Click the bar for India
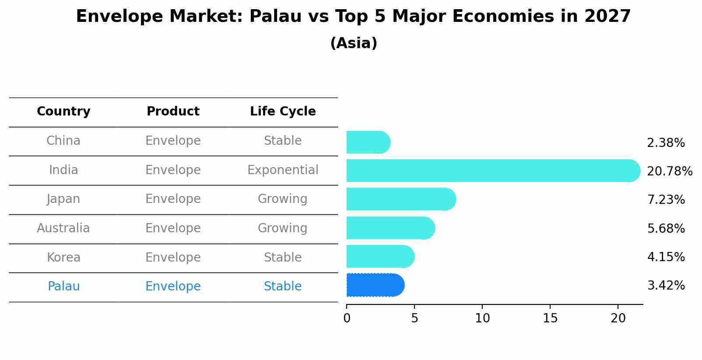tap(493, 171)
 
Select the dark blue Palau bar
tap(375, 285)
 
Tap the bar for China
tap(368, 142)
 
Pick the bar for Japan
tap(401, 199)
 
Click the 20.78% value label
tap(669, 171)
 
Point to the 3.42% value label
tap(666, 286)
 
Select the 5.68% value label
tap(666, 228)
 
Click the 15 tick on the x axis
tap(550, 318)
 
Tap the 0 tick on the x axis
tap(347, 318)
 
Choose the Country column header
tap(63, 112)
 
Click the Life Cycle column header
tap(283, 112)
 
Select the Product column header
tap(173, 112)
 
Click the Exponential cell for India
tap(283, 170)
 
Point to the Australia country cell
tap(63, 228)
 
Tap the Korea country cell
tap(63, 257)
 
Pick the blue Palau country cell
tap(63, 287)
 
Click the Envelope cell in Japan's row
tap(173, 199)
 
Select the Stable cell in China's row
tap(283, 141)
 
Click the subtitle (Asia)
tap(354, 43)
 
